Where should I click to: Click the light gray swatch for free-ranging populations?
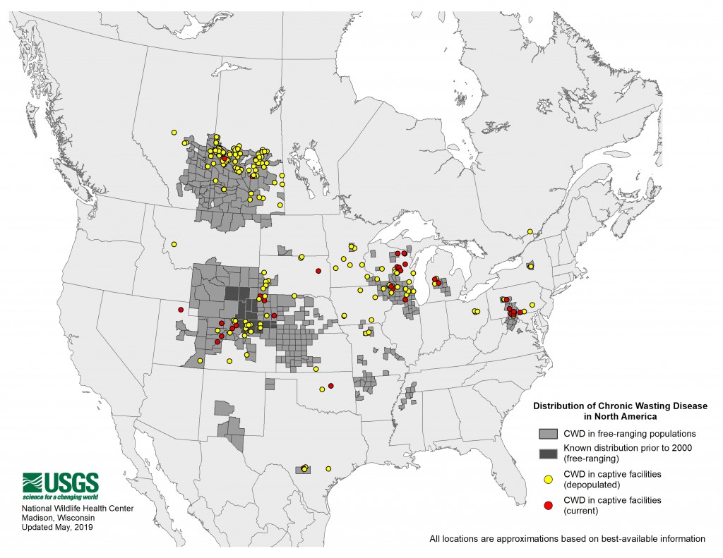point(548,432)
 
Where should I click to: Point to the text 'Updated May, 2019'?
point(56,527)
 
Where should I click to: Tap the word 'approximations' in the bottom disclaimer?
point(539,539)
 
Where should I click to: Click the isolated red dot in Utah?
point(181,310)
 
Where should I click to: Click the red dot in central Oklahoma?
point(330,385)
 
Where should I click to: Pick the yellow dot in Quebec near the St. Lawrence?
point(530,231)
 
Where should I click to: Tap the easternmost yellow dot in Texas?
point(328,468)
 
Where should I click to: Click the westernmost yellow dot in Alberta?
point(173,132)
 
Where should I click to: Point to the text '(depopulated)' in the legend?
point(587,485)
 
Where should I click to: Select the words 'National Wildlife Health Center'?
point(77,509)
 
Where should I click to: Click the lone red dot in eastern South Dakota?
point(318,262)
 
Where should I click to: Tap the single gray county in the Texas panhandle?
point(269,383)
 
